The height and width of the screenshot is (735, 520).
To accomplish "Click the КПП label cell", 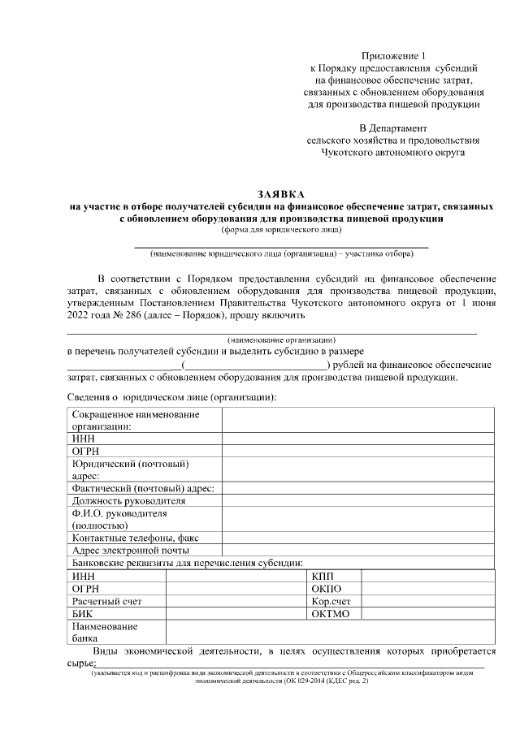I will (x=323, y=576).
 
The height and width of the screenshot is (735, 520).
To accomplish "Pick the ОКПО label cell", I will (x=327, y=589).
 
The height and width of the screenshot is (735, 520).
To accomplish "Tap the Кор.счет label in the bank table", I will (x=331, y=602).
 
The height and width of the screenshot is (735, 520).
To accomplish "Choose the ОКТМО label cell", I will (x=330, y=614).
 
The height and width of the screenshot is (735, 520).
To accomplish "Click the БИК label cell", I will (x=82, y=614).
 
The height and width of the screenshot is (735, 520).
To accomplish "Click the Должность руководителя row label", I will (x=128, y=501).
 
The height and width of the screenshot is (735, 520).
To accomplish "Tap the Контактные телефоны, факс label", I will (x=135, y=538).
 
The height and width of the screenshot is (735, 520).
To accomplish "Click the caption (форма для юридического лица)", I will (x=280, y=230).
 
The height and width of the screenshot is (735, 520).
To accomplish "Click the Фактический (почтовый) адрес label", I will (x=143, y=489).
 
